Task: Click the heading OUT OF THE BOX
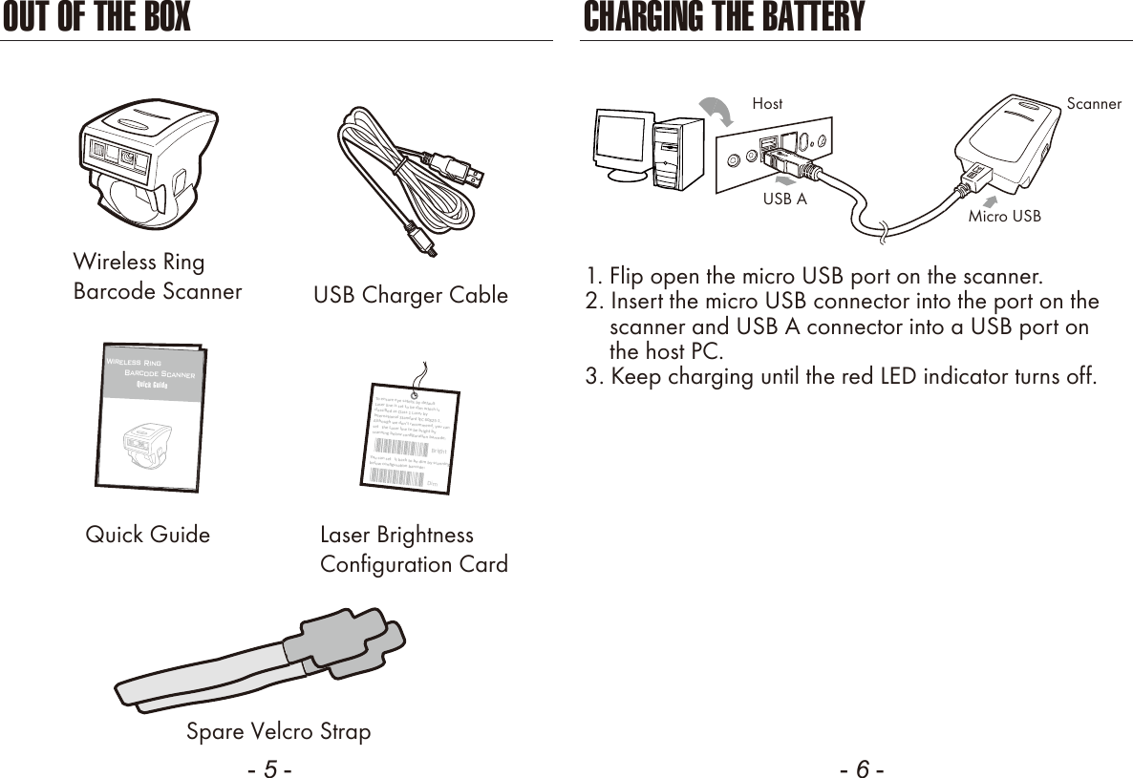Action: tap(96, 17)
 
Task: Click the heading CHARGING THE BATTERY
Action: tap(723, 17)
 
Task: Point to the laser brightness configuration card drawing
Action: tap(413, 434)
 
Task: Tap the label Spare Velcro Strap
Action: tap(278, 732)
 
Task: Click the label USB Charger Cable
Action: tap(411, 296)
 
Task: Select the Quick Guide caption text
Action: tap(148, 535)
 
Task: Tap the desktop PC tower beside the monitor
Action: tap(679, 153)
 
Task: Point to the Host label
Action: tap(767, 103)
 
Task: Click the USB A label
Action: tap(784, 200)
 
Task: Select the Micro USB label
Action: tap(1004, 217)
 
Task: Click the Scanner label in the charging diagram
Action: tap(1094, 104)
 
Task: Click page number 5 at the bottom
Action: tap(270, 769)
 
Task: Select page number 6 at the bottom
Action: tap(862, 769)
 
